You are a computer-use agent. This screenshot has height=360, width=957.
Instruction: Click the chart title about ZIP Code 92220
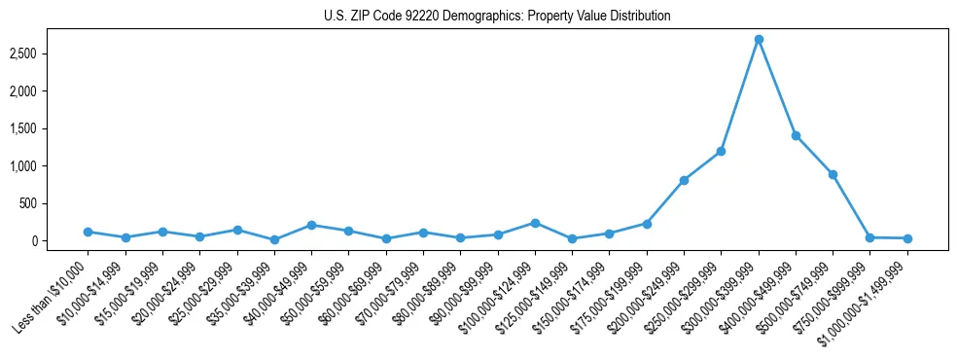(497, 17)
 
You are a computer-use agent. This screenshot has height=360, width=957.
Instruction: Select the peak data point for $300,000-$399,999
(759, 39)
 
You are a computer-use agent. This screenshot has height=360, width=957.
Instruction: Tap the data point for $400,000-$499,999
(796, 135)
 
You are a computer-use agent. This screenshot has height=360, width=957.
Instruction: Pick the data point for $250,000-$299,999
(722, 151)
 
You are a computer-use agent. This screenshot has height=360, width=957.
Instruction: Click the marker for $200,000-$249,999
(684, 180)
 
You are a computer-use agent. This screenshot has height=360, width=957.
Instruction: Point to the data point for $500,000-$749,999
(833, 174)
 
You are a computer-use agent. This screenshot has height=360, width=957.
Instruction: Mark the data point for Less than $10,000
(88, 232)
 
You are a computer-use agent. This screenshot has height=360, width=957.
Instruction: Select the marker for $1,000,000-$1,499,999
(907, 238)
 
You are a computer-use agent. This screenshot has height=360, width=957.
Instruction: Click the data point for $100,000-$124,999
(535, 223)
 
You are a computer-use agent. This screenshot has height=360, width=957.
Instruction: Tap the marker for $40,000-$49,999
(311, 225)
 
